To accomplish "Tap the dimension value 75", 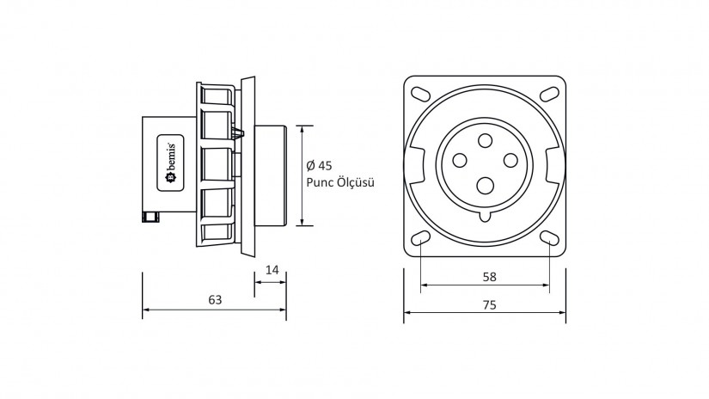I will [x=488, y=304].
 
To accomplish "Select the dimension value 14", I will [x=272, y=270].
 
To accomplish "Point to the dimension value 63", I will [x=215, y=300].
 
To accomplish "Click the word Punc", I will [x=321, y=182].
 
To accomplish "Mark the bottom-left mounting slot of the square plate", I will [x=422, y=238].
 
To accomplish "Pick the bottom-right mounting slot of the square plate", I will [x=548, y=238].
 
